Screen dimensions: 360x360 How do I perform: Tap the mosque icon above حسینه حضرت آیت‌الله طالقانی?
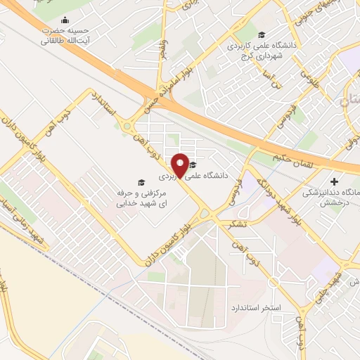pos(65,20)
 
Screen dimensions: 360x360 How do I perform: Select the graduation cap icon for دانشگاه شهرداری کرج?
pos(262,35)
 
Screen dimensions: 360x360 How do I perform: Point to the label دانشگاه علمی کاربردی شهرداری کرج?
pos(261,51)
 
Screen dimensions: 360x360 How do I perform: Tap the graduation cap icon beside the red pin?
pos(193,165)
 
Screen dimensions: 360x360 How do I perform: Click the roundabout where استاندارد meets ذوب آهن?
pos(127,127)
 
